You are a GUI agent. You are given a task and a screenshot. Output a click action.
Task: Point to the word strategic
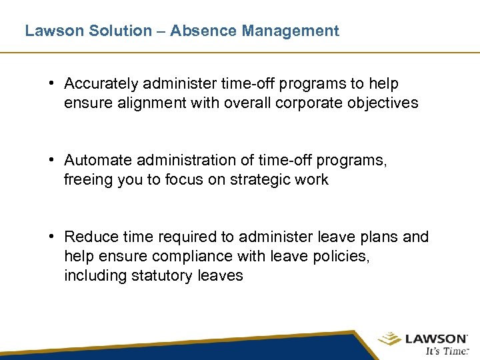click(257, 180)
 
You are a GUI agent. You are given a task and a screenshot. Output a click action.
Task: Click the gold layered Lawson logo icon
click(390, 339)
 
